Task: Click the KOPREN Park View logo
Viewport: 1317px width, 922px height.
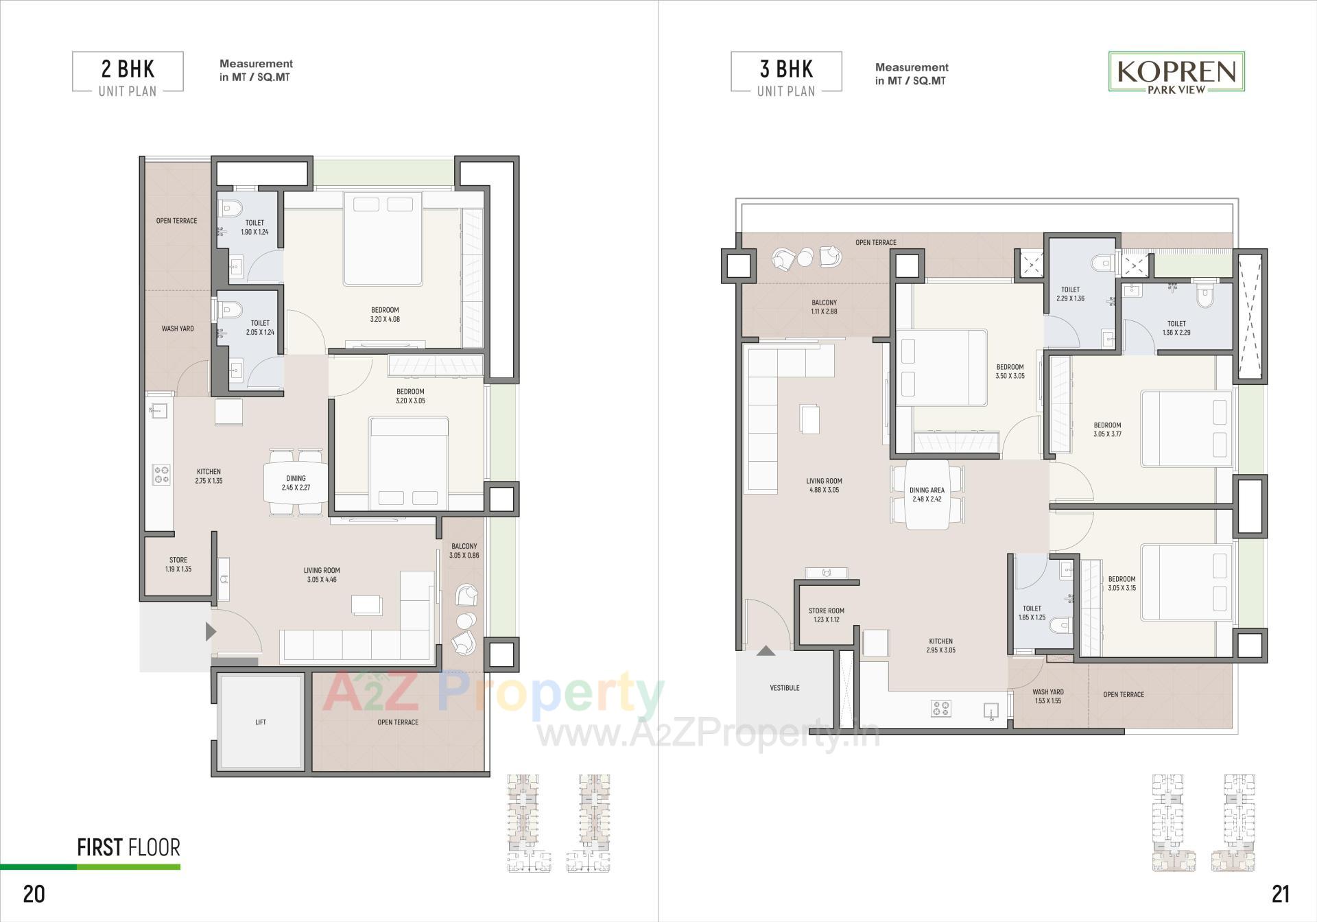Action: pos(1176,72)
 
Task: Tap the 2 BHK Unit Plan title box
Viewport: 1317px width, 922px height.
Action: pos(128,72)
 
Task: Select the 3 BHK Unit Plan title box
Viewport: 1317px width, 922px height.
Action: pos(786,72)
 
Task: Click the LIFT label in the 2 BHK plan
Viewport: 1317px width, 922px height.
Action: pos(260,722)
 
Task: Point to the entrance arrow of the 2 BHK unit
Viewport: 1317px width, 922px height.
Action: pos(211,631)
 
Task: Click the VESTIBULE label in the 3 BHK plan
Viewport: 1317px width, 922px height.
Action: pos(784,687)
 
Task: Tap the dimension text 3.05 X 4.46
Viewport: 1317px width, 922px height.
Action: pos(322,580)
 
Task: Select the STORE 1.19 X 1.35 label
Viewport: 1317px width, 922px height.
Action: pos(178,564)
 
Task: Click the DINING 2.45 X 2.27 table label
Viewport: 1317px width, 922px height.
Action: pos(296,483)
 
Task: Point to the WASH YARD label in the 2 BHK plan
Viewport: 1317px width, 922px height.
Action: pos(177,329)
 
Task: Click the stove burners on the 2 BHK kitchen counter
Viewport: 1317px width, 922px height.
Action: pos(161,475)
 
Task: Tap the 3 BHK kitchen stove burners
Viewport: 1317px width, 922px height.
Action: pos(940,708)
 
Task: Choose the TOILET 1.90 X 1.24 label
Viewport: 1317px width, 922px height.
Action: pos(254,227)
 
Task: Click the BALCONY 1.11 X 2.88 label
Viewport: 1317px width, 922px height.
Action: pos(824,307)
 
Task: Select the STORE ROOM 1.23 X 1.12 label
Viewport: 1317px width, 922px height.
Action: pos(826,615)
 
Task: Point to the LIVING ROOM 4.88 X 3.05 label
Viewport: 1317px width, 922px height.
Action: pos(824,485)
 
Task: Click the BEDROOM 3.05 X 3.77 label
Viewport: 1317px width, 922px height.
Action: pos(1107,429)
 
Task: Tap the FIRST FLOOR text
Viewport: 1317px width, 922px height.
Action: pos(128,848)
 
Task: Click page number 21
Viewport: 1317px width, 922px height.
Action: pos(1280,894)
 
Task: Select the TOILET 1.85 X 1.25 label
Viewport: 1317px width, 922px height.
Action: pos(1032,613)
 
